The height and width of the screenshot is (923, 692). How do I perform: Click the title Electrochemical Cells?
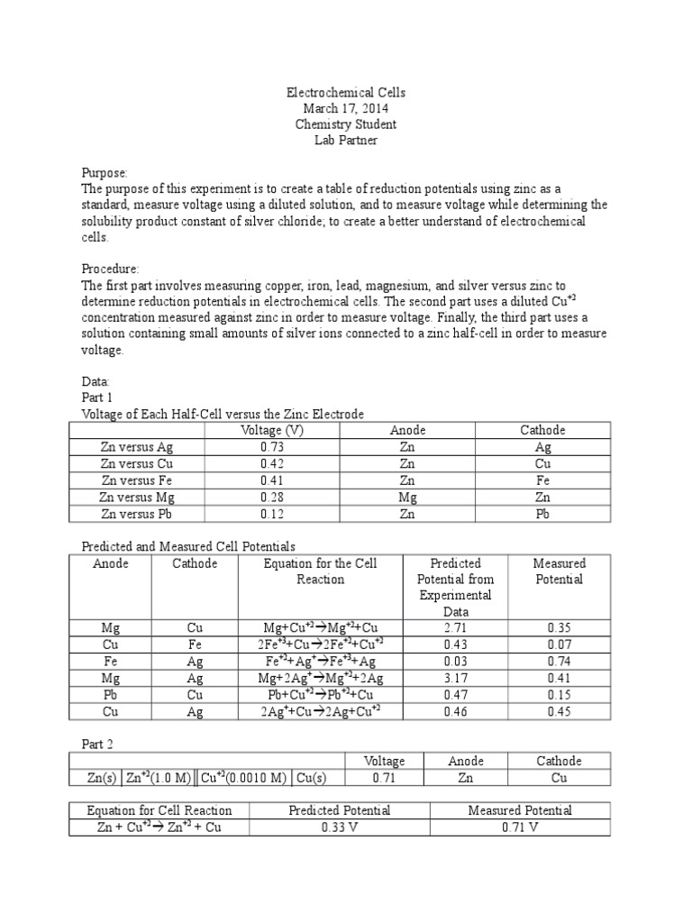[346, 92]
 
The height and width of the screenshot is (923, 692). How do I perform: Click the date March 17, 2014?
[346, 108]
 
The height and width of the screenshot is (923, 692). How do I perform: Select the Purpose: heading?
[105, 172]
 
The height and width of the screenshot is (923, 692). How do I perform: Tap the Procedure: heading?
[111, 269]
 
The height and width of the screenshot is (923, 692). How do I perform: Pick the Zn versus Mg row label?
[138, 498]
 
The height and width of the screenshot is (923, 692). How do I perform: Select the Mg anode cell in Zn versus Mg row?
[406, 498]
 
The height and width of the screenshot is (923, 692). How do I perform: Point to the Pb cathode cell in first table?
[542, 514]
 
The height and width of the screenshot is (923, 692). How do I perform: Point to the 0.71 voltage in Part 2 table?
[383, 777]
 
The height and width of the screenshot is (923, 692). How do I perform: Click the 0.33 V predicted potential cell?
[339, 827]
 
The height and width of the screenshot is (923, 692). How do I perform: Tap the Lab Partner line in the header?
[346, 141]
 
